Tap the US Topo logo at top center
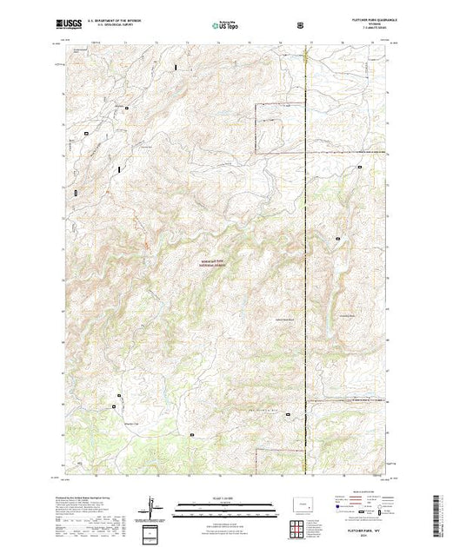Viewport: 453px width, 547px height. pyautogui.click(x=225, y=25)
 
